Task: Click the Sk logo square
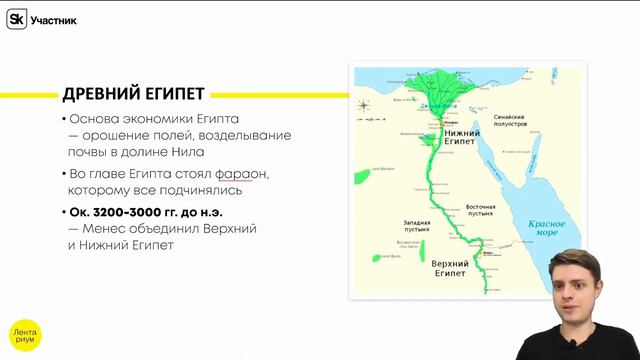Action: pyautogui.click(x=17, y=19)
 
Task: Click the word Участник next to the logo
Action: pyautogui.click(x=54, y=20)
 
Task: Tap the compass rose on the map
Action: pyautogui.click(x=365, y=104)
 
